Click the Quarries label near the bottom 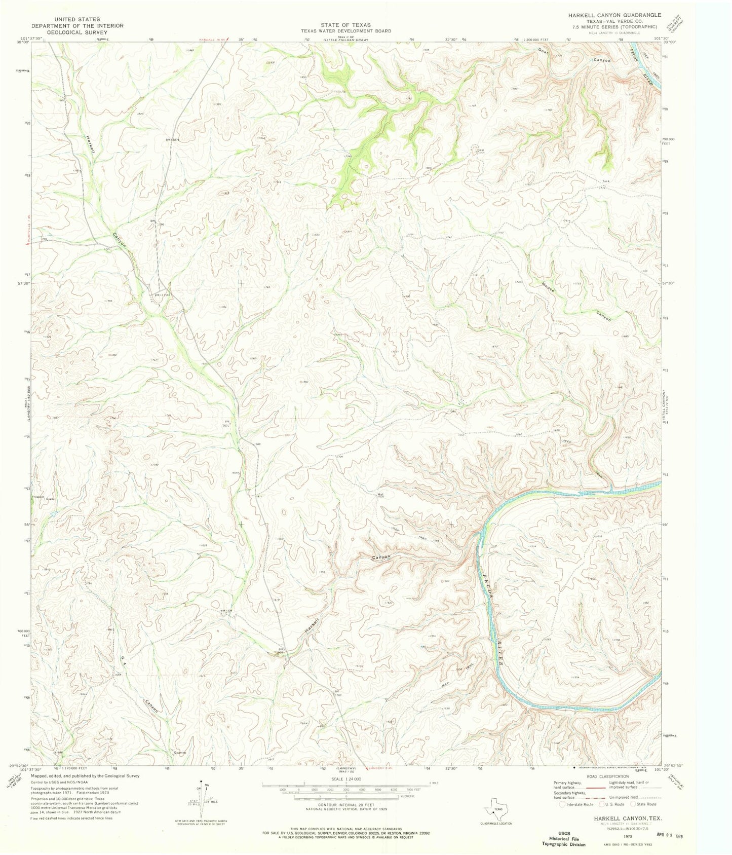click(180, 753)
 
